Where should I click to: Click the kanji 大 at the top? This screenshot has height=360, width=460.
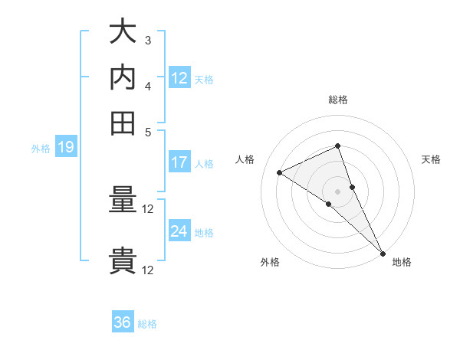pos(123,32)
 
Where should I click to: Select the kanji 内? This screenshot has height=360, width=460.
pos(123,77)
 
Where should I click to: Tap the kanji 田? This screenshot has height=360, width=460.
pos(123,123)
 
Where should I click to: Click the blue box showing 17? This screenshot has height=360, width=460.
pos(179,162)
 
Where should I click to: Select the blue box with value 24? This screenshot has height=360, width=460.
pos(179,231)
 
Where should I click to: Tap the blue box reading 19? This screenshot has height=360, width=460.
pos(65,148)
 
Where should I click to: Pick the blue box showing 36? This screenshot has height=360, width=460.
pos(123,322)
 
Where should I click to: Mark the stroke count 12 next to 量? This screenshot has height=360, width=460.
pos(148,209)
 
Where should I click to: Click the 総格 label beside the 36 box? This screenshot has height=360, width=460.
pos(147,324)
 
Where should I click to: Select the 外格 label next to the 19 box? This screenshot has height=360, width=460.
pos(41,149)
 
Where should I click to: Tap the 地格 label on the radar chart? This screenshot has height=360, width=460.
pos(402,262)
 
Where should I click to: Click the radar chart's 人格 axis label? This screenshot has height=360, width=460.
pos(245,159)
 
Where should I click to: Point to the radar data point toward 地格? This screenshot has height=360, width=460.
pos(382,252)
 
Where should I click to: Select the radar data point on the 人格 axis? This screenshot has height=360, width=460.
pos(280,173)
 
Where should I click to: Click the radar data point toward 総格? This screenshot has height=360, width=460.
pos(337,146)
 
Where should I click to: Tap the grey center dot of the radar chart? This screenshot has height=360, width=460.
pos(337,190)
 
